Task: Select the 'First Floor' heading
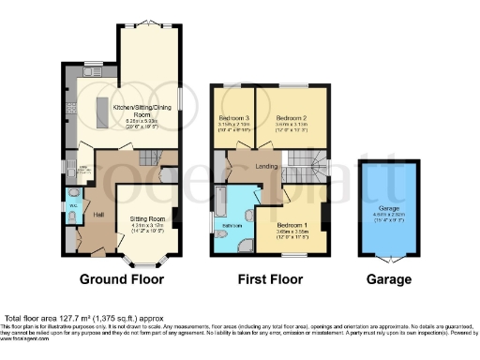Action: (267, 279)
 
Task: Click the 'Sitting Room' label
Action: (146, 219)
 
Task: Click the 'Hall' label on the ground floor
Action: (98, 214)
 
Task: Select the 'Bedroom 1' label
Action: (293, 225)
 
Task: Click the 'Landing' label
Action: (265, 168)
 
